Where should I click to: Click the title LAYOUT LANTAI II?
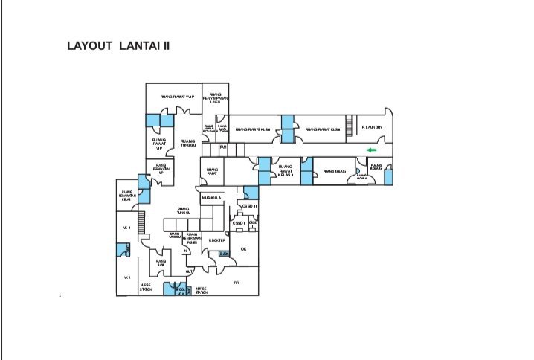[x=118, y=46]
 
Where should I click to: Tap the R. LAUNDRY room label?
[x=372, y=128]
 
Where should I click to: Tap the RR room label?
[x=236, y=283]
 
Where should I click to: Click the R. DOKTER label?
[x=216, y=240]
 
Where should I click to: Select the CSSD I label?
[x=239, y=223]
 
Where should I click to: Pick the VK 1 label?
[x=126, y=228]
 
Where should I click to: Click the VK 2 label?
[x=126, y=277]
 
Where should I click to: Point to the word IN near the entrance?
[x=185, y=251]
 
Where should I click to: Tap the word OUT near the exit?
[x=188, y=271]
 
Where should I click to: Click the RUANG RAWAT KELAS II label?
[x=286, y=171]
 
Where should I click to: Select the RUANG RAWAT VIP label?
[x=158, y=143]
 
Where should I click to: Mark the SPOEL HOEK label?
[x=179, y=292]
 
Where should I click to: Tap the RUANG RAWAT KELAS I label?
[x=127, y=195]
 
